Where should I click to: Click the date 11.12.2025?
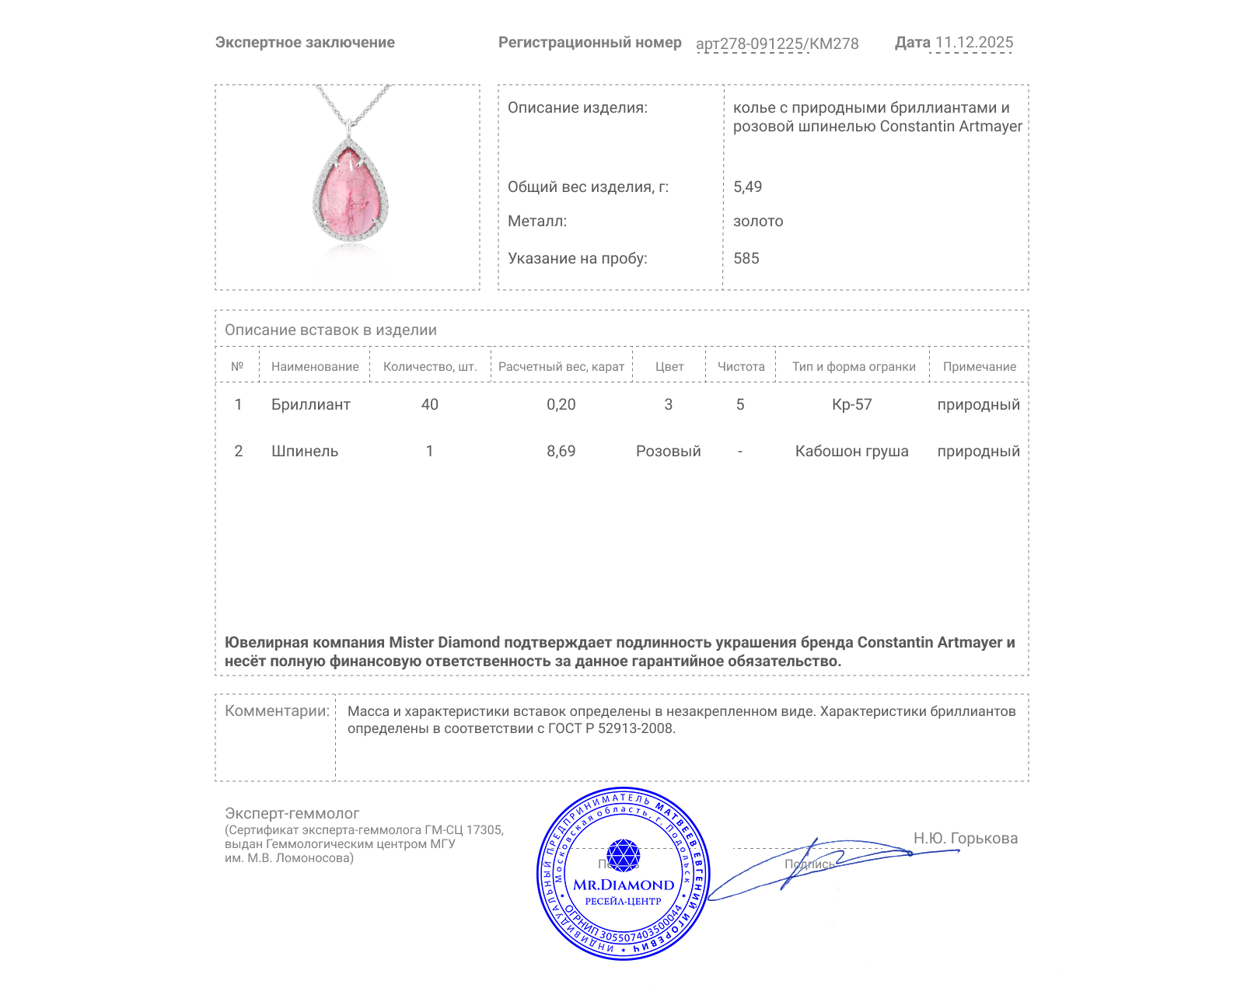(973, 43)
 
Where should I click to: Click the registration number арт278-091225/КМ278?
(777, 44)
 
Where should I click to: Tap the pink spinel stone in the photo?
(350, 198)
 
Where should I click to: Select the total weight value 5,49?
(747, 187)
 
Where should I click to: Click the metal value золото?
(758, 222)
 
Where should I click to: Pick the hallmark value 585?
(746, 259)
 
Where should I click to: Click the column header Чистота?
(740, 367)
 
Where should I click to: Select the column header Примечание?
(979, 367)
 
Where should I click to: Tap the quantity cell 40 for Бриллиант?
(429, 405)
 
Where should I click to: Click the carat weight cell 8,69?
(561, 452)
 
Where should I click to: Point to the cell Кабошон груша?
(851, 452)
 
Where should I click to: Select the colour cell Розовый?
(668, 452)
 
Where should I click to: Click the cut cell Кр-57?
(851, 405)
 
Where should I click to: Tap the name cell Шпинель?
(305, 452)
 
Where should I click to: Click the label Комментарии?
(277, 711)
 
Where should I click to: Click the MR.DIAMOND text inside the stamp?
(624, 885)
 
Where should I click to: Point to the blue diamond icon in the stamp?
(623, 855)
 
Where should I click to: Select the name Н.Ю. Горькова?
(965, 839)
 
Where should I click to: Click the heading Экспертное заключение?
(305, 43)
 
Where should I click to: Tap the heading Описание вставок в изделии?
(330, 330)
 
